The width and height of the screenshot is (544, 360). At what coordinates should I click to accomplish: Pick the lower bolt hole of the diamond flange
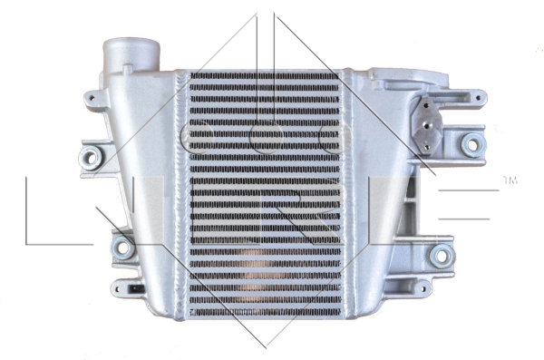[x=428, y=142]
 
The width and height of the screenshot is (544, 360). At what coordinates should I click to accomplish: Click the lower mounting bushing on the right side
[x=442, y=256]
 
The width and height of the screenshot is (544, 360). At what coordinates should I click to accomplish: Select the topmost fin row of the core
[x=263, y=77]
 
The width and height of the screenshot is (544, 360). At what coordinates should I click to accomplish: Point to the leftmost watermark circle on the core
[x=196, y=137]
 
